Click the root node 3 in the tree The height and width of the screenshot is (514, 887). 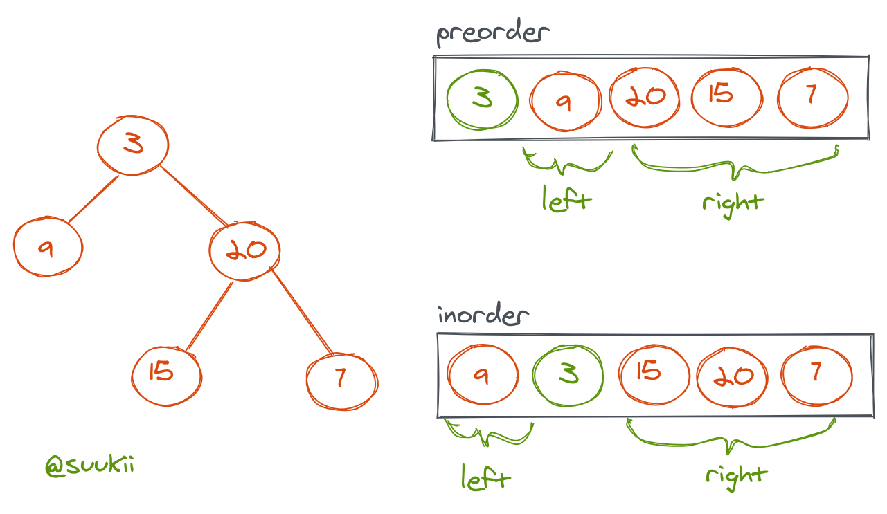click(133, 145)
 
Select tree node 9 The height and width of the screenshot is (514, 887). click(48, 247)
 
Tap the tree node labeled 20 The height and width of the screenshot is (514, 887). click(244, 250)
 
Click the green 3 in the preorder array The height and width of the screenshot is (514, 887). click(483, 98)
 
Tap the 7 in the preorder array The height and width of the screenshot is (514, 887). click(813, 96)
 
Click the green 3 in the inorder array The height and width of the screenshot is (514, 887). click(568, 375)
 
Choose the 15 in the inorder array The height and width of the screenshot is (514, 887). click(654, 374)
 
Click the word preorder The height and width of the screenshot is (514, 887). click(492, 34)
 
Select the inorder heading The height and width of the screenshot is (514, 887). click(483, 316)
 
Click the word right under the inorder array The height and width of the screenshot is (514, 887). click(736, 475)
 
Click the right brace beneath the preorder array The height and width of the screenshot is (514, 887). click(735, 166)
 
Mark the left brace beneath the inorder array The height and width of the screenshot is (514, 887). click(489, 436)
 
